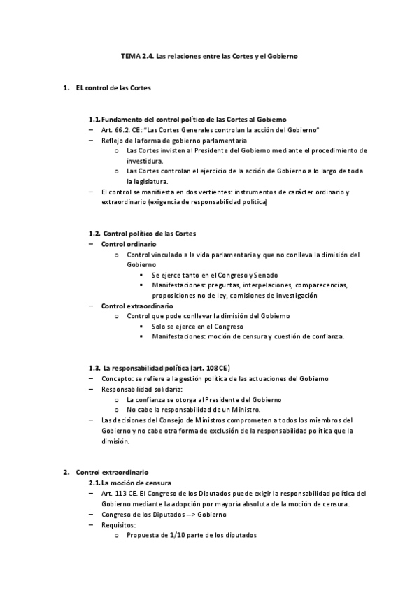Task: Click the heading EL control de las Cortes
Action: point(113,89)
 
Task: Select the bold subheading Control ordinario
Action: point(124,243)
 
